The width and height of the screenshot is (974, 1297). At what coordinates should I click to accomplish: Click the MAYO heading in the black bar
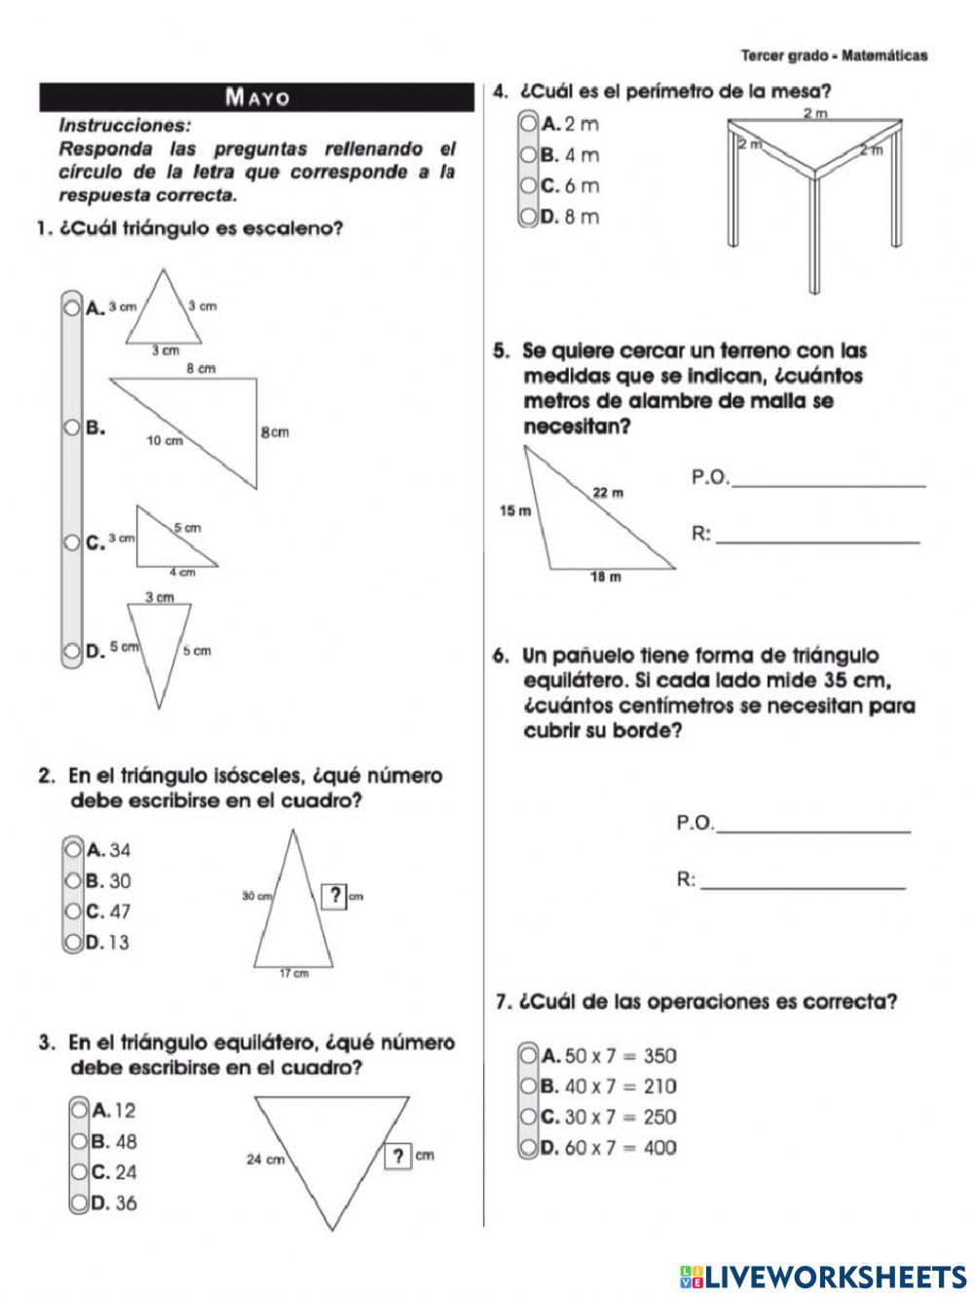(x=257, y=97)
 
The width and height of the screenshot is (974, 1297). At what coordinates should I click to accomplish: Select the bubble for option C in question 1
(x=71, y=542)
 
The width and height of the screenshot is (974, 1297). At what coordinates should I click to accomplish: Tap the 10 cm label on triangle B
(x=165, y=441)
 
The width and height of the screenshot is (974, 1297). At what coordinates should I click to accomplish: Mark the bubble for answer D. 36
(x=78, y=1203)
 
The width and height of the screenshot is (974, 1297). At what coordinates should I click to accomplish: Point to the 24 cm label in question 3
(x=265, y=1159)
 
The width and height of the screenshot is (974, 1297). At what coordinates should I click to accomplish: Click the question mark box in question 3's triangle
(x=397, y=1157)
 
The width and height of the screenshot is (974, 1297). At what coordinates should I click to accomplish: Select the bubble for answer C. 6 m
(x=528, y=185)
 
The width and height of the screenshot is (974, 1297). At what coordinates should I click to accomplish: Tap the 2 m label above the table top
(x=814, y=114)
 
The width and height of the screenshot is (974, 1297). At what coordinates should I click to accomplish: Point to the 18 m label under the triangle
(x=606, y=577)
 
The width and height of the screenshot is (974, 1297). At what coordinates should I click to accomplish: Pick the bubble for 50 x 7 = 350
(x=528, y=1056)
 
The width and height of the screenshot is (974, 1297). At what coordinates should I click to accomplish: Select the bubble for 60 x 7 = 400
(x=528, y=1147)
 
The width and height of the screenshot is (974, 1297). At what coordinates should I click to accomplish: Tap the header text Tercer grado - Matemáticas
(x=834, y=56)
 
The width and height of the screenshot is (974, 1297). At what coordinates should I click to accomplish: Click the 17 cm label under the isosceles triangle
(x=294, y=973)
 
